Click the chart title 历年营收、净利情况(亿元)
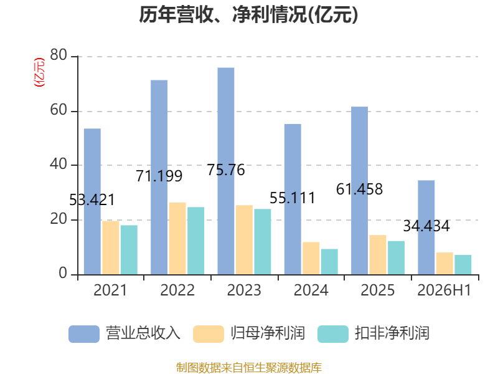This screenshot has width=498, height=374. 248,14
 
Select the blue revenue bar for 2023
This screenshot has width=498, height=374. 226,171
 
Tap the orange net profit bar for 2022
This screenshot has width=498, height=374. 177,238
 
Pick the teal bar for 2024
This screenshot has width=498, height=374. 329,261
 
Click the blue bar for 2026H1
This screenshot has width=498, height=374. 426,227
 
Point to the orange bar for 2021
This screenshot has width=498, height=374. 111,247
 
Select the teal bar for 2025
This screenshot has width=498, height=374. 396,257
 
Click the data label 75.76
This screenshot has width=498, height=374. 226,170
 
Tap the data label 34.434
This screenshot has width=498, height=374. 426,226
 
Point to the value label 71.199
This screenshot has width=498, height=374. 159,176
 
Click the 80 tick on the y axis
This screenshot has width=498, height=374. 59,55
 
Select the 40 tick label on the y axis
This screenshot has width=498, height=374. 59,164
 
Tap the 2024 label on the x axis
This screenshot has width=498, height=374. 311,290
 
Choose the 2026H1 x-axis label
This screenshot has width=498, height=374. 444,290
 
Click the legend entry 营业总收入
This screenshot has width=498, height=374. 125,333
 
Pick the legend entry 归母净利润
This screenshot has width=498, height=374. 249,333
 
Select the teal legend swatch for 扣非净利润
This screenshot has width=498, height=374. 333,334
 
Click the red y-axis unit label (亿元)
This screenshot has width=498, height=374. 39,72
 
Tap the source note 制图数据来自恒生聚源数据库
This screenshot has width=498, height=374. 248,367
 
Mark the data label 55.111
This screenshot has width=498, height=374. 293,198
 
